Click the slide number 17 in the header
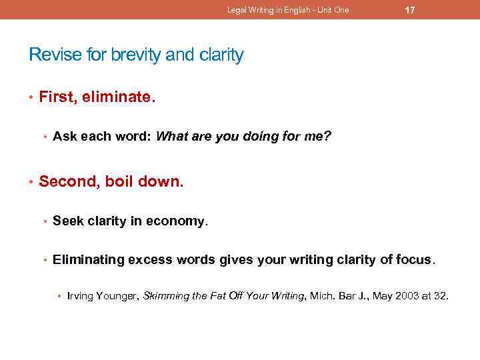(410, 10)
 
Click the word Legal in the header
(235, 10)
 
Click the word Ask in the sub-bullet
(63, 137)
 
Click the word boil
(123, 181)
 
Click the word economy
(180, 220)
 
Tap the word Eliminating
(89, 259)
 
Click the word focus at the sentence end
(415, 259)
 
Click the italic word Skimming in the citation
(167, 295)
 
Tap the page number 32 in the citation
(441, 295)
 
